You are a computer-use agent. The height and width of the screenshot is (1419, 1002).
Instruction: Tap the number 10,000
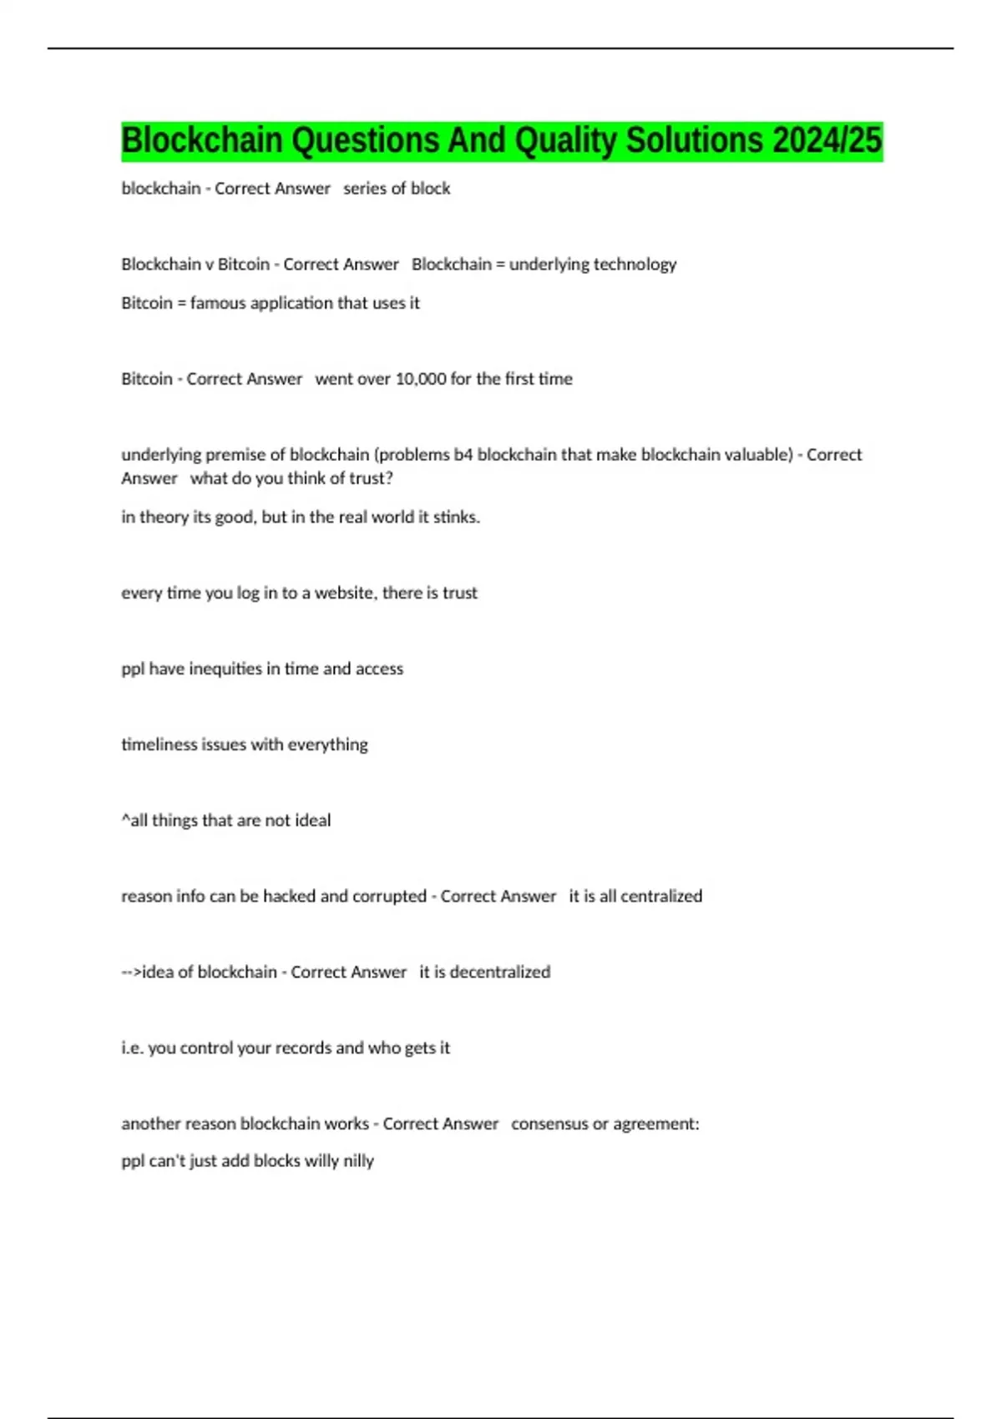421,379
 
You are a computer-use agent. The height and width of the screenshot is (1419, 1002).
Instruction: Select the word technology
635,265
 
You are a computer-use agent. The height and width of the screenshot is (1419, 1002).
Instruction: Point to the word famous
218,303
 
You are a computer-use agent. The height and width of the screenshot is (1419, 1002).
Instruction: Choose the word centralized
661,896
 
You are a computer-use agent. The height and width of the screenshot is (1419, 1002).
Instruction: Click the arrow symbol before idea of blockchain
132,972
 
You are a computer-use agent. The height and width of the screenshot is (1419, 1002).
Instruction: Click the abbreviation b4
463,455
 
